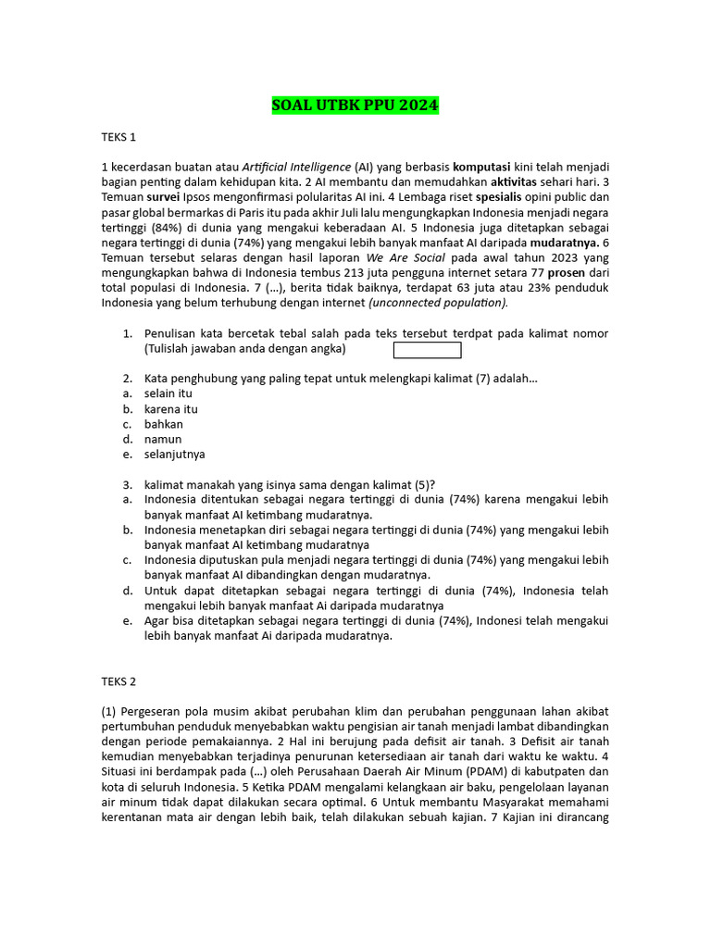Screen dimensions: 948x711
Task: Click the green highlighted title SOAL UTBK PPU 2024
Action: (355, 106)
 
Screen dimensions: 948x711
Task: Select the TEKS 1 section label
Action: (118, 137)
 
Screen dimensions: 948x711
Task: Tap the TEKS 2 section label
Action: (118, 681)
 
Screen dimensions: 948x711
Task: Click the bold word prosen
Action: (566, 273)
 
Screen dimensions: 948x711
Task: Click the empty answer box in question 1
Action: (427, 350)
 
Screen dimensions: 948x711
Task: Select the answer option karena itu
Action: (171, 409)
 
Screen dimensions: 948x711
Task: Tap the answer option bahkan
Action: (164, 424)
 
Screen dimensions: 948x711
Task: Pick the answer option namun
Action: (163, 439)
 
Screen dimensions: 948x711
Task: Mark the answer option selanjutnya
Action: (175, 455)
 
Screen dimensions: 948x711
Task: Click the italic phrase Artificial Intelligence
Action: (296, 167)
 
